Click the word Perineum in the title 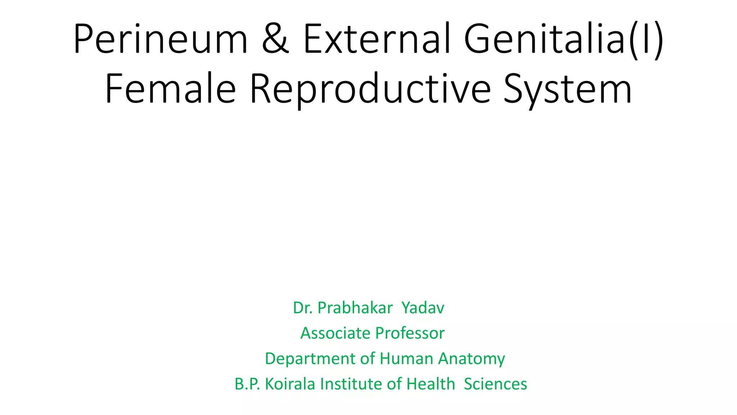[160, 39]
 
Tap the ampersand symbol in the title [275, 39]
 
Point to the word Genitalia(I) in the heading [564, 39]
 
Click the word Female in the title [170, 89]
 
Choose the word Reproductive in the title [370, 89]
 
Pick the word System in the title [568, 89]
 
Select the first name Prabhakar [355, 308]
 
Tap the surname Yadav [423, 308]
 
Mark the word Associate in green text [335, 333]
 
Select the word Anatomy [471, 359]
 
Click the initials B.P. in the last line [247, 384]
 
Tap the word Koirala [290, 384]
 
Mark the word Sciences [496, 384]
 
